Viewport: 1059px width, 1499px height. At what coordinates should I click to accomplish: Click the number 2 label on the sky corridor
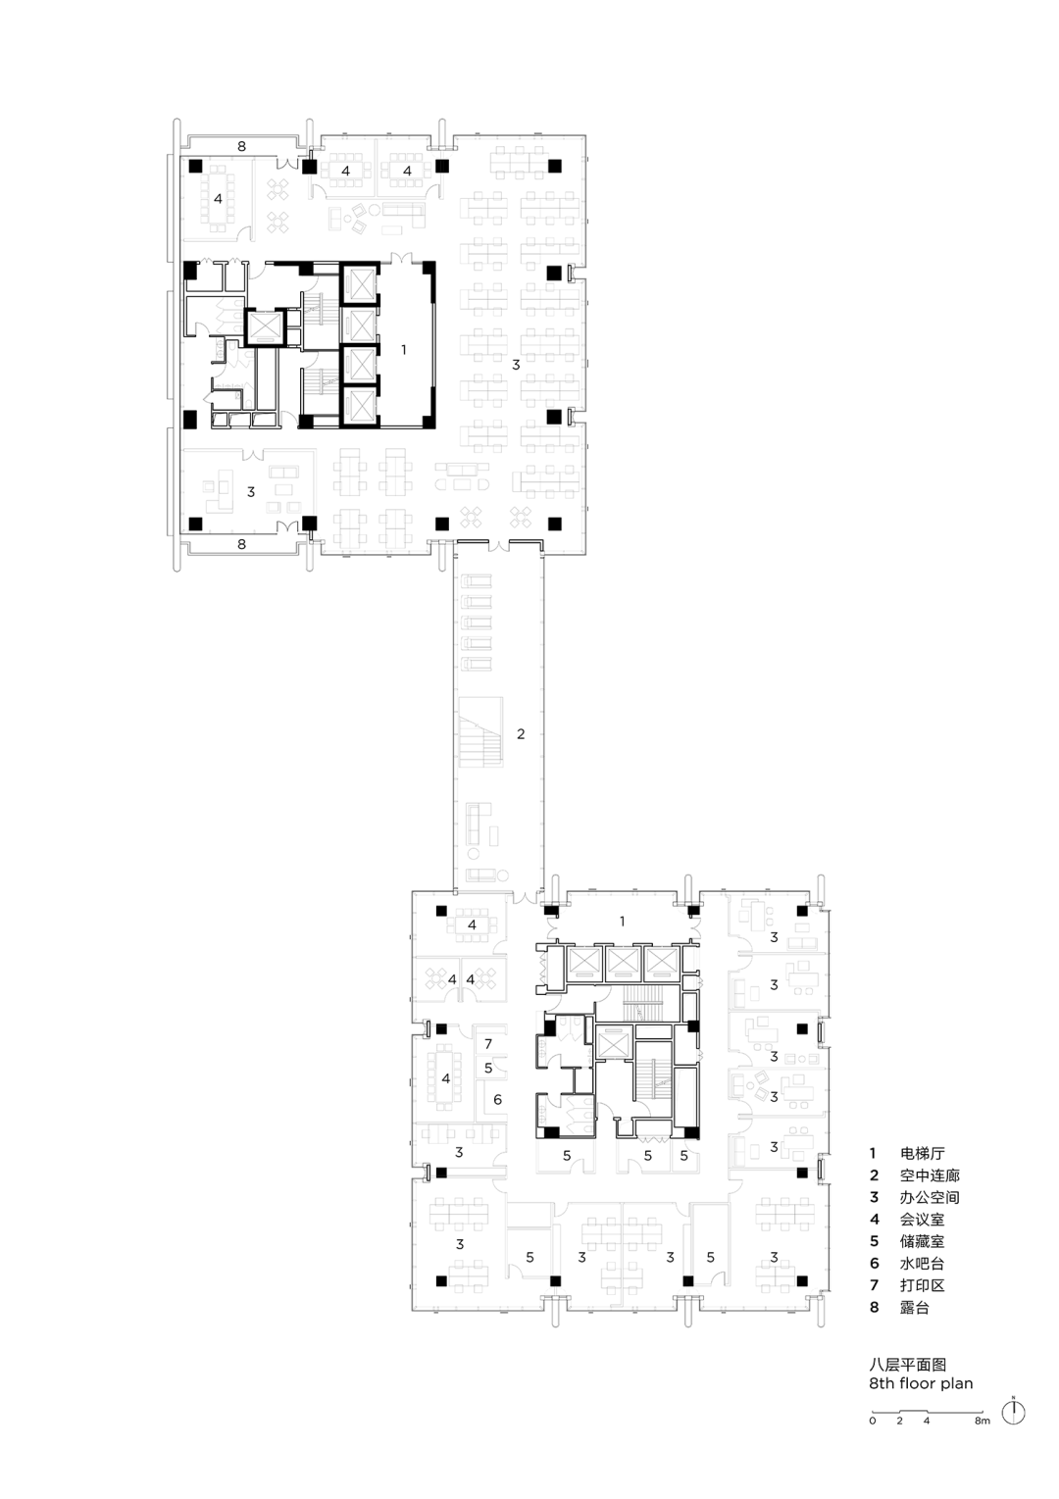[521, 734]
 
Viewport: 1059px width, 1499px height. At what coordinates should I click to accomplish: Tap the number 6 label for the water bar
[497, 1099]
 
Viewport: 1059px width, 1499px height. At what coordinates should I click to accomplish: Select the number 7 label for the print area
[488, 1043]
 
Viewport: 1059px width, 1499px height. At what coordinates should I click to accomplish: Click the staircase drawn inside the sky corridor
[480, 732]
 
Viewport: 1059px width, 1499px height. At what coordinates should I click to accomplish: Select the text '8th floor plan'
[921, 1383]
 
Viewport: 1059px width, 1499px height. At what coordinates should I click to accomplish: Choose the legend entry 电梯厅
[922, 1153]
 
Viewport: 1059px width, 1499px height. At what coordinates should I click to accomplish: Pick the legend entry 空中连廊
[930, 1175]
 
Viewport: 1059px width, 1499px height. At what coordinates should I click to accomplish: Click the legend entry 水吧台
[922, 1264]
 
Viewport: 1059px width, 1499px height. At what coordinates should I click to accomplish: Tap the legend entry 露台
[915, 1308]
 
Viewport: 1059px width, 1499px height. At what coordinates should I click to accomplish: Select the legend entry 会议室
[922, 1220]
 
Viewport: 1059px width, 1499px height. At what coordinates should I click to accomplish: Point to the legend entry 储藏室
[922, 1241]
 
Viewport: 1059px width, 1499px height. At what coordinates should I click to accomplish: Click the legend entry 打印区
[922, 1285]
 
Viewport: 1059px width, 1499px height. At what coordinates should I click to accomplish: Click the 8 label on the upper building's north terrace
[241, 146]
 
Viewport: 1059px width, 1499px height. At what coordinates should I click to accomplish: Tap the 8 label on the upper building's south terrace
[241, 545]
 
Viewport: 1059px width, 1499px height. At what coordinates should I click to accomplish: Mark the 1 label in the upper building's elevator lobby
[403, 349]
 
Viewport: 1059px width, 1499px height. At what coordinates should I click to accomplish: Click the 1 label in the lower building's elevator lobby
[622, 922]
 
